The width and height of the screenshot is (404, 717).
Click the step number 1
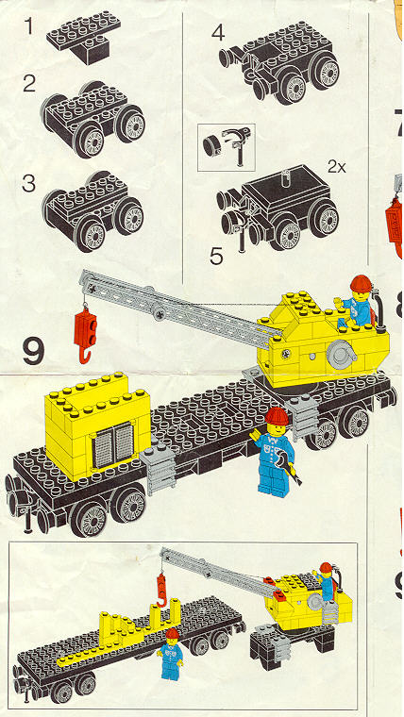(x=29, y=26)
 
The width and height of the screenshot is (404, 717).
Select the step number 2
(x=29, y=84)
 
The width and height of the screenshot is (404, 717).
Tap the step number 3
(x=28, y=183)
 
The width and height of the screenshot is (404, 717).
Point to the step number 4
(x=218, y=33)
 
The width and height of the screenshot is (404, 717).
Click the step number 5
(x=216, y=256)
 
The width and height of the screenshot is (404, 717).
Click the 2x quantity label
(x=337, y=167)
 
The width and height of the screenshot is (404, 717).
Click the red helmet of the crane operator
(x=360, y=283)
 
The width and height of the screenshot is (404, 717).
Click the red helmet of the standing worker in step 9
(x=277, y=416)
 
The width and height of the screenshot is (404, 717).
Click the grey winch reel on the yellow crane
(x=341, y=353)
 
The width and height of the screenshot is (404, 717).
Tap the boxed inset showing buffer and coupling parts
(x=226, y=147)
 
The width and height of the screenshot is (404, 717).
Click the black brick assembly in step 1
(x=83, y=39)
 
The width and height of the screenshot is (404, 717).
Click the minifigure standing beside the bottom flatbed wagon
(x=170, y=654)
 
